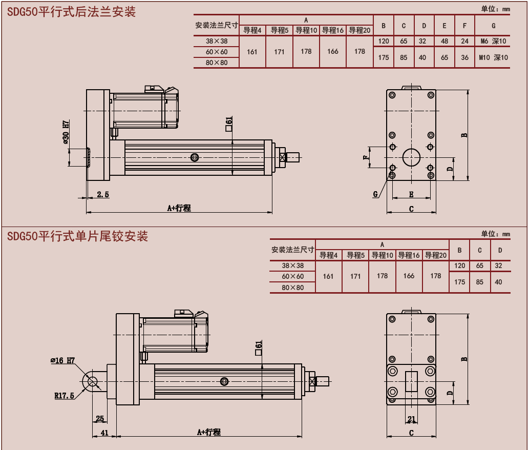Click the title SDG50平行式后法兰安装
72,12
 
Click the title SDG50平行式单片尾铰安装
78,236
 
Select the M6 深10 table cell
493,41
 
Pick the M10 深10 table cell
493,57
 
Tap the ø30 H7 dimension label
66,132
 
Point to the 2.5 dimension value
102,194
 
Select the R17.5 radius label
65,395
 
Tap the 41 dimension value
104,433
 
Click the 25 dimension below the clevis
100,419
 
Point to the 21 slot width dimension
412,419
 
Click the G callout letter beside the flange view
375,194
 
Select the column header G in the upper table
493,25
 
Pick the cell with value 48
444,41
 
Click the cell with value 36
464,57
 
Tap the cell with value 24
464,41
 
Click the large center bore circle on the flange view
411,157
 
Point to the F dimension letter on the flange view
366,157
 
